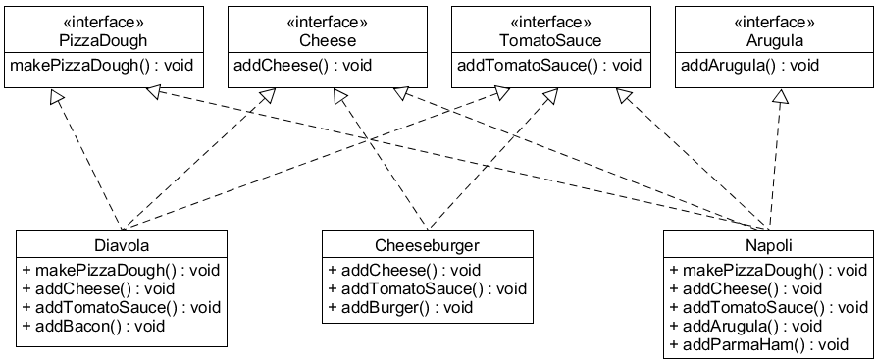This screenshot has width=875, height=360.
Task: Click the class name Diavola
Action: pyautogui.click(x=123, y=244)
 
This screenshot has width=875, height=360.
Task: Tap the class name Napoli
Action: pyautogui.click(x=768, y=244)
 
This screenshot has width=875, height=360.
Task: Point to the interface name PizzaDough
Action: pyautogui.click(x=103, y=40)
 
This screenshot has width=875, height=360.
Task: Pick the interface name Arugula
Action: pyautogui.click(x=774, y=40)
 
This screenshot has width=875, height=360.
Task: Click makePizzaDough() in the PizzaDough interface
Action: pyautogui.click(x=102, y=66)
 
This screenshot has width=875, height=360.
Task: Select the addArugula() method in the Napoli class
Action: pyautogui.click(x=746, y=326)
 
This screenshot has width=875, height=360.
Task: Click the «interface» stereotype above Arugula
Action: pyautogui.click(x=774, y=23)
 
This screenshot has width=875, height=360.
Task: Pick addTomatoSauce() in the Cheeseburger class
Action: pyautogui.click(x=427, y=288)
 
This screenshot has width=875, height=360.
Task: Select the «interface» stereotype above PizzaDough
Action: pyautogui.click(x=103, y=23)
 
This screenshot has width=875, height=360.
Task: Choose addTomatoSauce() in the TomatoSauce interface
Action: pyautogui.click(x=549, y=66)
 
